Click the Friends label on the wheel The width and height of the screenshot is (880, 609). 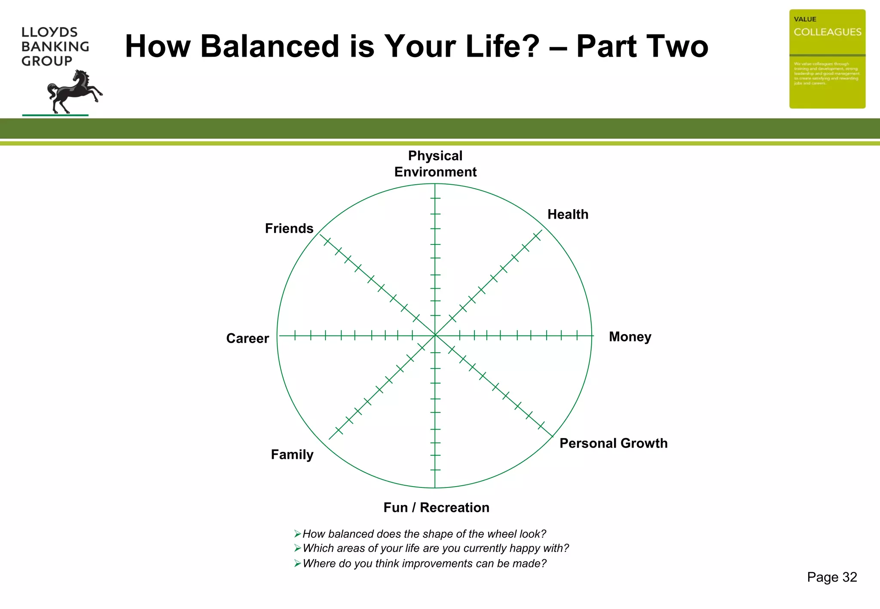click(x=289, y=228)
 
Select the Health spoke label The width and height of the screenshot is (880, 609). click(x=568, y=214)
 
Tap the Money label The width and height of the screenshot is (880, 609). click(x=630, y=337)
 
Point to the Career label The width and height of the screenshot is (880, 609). click(x=247, y=338)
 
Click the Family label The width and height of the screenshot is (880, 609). click(x=292, y=454)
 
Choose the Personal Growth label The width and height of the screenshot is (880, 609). click(x=613, y=443)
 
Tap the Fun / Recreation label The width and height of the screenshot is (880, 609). click(x=436, y=508)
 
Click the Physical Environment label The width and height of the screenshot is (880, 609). click(x=435, y=164)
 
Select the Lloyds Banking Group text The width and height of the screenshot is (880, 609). click(x=55, y=46)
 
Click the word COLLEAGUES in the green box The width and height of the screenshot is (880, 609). click(x=827, y=32)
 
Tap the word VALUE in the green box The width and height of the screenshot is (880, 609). click(x=805, y=19)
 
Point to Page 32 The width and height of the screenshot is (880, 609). click(x=832, y=577)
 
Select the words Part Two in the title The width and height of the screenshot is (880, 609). click(x=642, y=46)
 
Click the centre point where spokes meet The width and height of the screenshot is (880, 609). click(x=435, y=335)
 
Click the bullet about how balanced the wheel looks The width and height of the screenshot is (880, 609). click(x=424, y=534)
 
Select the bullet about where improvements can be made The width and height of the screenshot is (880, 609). click(x=424, y=563)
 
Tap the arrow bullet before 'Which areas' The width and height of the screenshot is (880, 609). click(x=297, y=548)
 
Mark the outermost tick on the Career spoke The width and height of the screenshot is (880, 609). click(x=295, y=335)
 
